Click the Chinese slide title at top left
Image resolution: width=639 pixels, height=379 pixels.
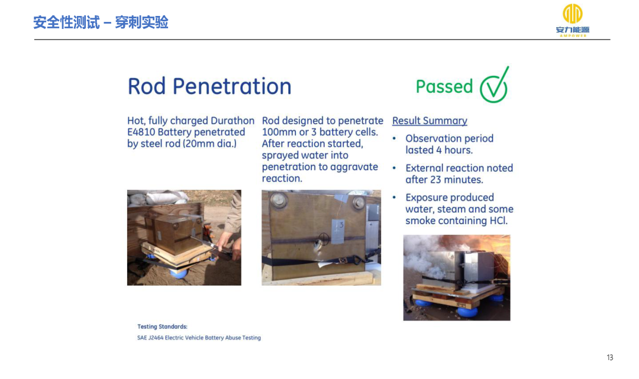[101, 22]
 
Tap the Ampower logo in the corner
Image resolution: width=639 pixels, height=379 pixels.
[573, 20]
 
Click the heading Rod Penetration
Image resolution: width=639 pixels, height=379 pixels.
[209, 86]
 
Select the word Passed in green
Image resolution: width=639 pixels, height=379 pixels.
[444, 87]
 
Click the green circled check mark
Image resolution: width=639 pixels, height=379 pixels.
[494, 86]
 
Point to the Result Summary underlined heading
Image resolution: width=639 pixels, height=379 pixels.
[430, 121]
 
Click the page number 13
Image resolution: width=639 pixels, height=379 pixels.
[609, 358]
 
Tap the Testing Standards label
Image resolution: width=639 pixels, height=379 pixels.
[162, 326]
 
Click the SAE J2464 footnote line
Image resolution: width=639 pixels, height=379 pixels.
[199, 338]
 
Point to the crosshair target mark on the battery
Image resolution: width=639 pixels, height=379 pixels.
[324, 238]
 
